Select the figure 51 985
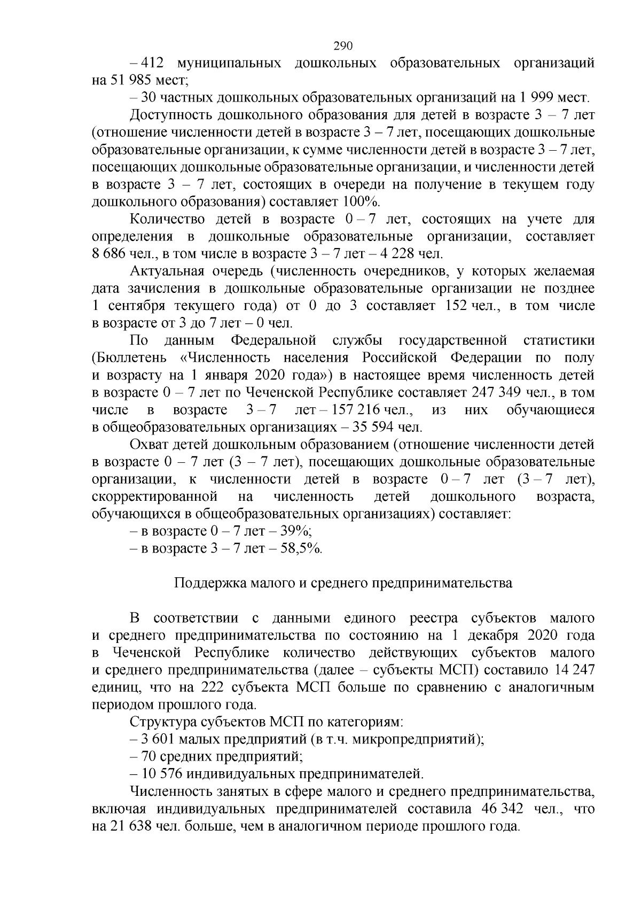tap(131, 81)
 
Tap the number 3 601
tap(159, 740)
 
